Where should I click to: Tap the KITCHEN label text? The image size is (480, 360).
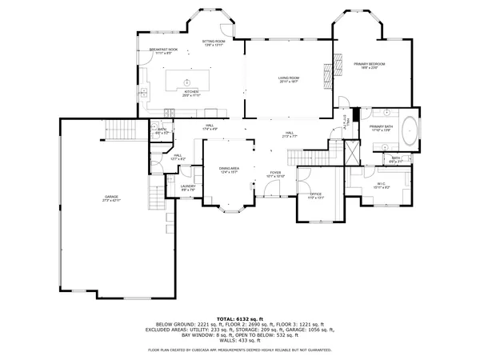(x=191, y=92)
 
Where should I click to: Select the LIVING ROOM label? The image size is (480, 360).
(x=288, y=78)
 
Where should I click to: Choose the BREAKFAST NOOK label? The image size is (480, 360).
(x=163, y=50)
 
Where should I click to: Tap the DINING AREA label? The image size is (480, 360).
(x=230, y=168)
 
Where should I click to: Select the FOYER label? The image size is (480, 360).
(x=276, y=172)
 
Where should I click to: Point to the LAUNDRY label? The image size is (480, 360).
(x=188, y=186)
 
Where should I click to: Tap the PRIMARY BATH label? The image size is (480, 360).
(x=381, y=127)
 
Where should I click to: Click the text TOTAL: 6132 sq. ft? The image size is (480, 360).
(x=240, y=318)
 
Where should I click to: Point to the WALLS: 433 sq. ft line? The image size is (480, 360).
(x=240, y=340)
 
